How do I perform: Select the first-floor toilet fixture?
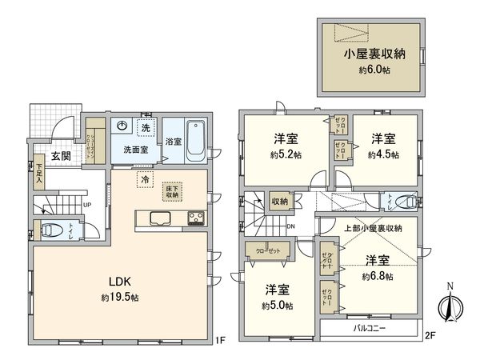coord(53,230)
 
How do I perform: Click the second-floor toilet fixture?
coord(406,202)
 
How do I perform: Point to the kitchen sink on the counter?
coord(157,218)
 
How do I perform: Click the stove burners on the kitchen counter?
coord(197,218)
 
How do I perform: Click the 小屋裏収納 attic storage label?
coord(374,57)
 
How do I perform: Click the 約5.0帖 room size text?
coord(276,306)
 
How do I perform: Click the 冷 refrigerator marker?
coord(145,180)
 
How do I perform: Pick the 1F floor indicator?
coord(218,339)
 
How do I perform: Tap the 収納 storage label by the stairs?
coord(279,202)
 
